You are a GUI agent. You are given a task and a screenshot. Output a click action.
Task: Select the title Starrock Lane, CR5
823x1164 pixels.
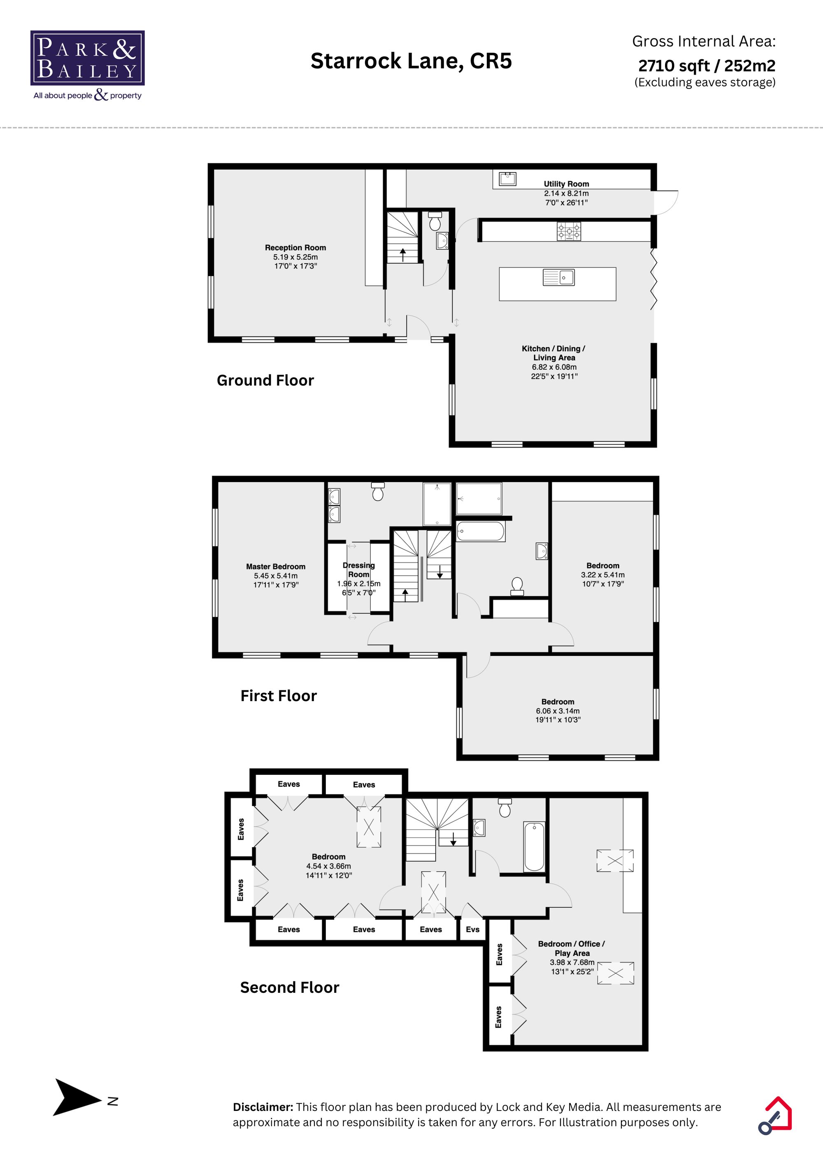coord(411,61)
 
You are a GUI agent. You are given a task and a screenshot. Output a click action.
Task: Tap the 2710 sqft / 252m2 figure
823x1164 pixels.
coord(707,65)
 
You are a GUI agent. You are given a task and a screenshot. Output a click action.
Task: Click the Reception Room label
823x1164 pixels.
coord(295,247)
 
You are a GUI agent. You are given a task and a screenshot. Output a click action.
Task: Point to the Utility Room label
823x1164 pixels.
coord(566,184)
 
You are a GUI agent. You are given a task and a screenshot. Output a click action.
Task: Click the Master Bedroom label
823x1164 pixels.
coord(275,566)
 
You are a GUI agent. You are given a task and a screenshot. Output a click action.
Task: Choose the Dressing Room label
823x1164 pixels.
coord(358,569)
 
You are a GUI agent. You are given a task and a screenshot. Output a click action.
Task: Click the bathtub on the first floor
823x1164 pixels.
coord(480,531)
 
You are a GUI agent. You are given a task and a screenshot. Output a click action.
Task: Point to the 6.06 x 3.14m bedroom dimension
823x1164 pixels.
coord(557,711)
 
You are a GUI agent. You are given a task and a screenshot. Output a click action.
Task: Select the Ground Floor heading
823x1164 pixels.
coord(265,380)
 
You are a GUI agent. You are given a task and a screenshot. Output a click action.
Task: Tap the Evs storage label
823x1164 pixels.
coord(472,929)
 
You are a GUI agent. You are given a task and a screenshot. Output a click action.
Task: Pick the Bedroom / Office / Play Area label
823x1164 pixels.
coord(572,948)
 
